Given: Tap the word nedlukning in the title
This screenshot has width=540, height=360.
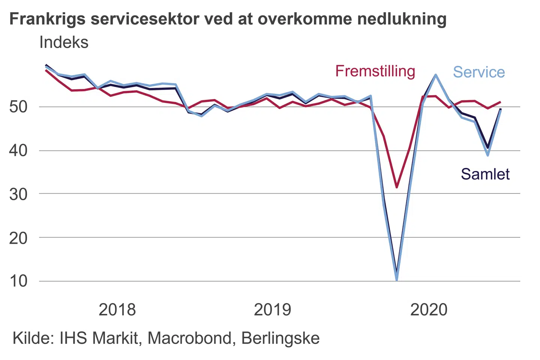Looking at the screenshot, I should (402, 19).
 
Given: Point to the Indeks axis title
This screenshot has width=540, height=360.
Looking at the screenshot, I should (64, 42).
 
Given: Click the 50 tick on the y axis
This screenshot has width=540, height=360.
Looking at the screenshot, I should (18, 107).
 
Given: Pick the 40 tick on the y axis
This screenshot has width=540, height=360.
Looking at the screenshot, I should (18, 150).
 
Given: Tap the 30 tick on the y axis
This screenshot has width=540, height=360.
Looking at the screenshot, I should (18, 194).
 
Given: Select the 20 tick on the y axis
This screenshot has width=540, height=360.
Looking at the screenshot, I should (18, 237).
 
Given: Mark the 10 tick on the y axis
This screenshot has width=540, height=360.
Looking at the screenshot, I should (18, 281).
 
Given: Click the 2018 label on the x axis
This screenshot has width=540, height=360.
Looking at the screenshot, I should (117, 310).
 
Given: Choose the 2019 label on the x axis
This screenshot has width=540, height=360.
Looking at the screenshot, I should (272, 310).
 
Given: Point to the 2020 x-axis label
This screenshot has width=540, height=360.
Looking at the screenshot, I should (429, 310).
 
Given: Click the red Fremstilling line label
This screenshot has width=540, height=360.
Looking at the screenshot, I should (375, 71).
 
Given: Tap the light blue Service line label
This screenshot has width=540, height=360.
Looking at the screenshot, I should (479, 72).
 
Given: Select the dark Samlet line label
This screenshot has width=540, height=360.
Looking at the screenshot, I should (485, 174).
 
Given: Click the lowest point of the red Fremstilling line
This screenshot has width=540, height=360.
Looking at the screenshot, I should (397, 187).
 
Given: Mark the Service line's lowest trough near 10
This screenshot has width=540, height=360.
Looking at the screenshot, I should (397, 279).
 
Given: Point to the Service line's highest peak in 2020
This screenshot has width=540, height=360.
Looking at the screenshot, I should (436, 75).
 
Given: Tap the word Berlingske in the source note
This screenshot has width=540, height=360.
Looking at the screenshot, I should (280, 338).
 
